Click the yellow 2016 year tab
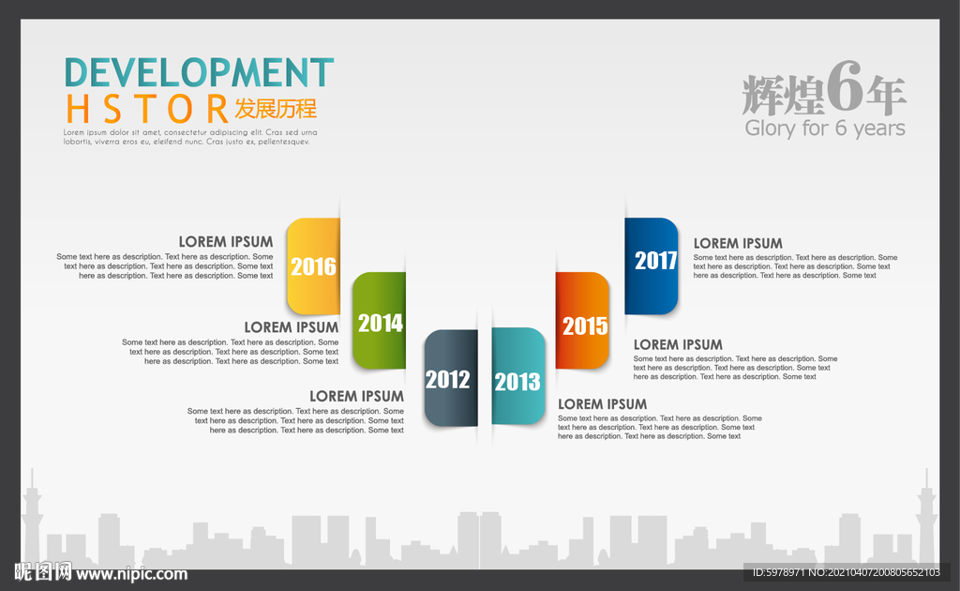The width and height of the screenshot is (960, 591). click(x=313, y=266)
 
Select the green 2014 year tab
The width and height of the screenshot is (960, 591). click(x=379, y=320)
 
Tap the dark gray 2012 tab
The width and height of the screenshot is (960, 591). click(x=451, y=378)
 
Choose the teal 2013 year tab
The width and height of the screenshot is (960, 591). click(x=517, y=376)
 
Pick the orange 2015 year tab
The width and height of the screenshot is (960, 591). click(x=582, y=320)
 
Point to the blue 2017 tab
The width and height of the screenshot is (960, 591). click(x=652, y=266)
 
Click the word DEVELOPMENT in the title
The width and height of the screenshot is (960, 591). click(x=200, y=72)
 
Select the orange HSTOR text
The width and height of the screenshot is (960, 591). click(x=147, y=109)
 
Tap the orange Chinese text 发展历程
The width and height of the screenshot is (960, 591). click(x=277, y=109)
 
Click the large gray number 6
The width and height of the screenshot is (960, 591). click(x=845, y=87)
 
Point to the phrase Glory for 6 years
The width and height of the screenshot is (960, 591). click(x=825, y=128)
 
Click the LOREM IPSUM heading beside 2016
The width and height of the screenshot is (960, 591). click(x=226, y=242)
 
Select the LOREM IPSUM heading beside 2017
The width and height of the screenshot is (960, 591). click(x=738, y=243)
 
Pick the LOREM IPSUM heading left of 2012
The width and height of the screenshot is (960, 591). click(x=356, y=396)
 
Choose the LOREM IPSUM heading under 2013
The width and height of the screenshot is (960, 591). click(x=603, y=404)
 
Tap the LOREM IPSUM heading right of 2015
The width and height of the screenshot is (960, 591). click(x=678, y=345)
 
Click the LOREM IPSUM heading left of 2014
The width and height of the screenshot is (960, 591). click(x=292, y=327)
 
